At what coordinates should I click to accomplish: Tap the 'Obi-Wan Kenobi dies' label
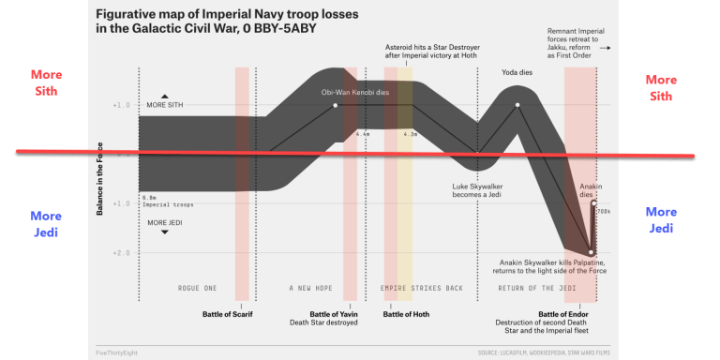tap(354, 92)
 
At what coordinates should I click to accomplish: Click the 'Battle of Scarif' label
tap(228, 314)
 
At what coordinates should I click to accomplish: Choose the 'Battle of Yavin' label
tap(335, 314)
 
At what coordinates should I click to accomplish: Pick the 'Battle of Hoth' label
tap(406, 314)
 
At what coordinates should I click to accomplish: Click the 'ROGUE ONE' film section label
tap(197, 287)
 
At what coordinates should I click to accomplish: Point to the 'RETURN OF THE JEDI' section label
tap(529, 287)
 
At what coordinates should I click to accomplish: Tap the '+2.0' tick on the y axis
tap(119, 252)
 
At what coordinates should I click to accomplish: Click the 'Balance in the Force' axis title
tap(99, 178)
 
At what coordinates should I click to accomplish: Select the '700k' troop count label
tap(603, 212)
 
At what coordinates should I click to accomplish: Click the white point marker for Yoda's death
tap(516, 105)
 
